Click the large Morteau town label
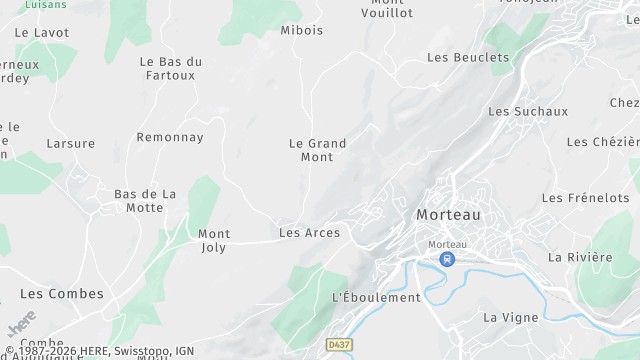click(448, 215)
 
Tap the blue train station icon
click(447, 259)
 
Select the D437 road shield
click(338, 345)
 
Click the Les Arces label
click(309, 233)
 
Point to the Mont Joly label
click(214, 240)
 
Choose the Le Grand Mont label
click(317, 150)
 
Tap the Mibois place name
click(302, 30)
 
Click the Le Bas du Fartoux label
click(170, 68)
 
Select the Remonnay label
click(170, 137)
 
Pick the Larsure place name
click(70, 143)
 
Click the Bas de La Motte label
click(145, 200)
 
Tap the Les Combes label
click(62, 293)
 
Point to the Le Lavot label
click(42, 32)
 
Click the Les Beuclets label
click(468, 57)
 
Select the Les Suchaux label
click(528, 111)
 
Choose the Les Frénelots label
click(585, 198)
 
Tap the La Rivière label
click(580, 257)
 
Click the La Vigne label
click(510, 317)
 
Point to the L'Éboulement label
click(376, 297)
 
